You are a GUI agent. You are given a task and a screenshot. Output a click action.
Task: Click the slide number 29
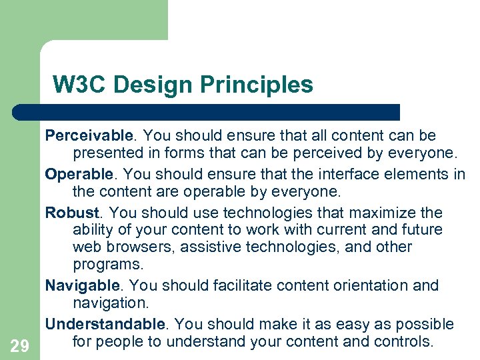20,345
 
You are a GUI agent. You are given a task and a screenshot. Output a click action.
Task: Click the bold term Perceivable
90,136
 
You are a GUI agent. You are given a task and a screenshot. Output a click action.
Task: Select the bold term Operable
79,175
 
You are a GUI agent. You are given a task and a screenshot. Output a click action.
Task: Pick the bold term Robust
73,213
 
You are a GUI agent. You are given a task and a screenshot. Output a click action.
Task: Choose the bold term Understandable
105,325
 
